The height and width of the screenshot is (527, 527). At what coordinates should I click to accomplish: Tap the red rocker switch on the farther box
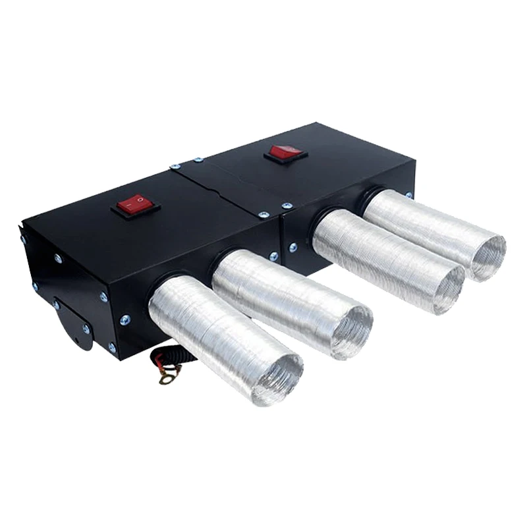[x=285, y=153]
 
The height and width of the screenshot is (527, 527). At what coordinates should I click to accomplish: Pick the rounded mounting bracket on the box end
[x=72, y=323]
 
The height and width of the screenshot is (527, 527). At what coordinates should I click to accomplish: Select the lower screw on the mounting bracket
[x=86, y=327]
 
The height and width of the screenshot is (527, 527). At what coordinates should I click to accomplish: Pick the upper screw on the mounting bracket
[x=57, y=304]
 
